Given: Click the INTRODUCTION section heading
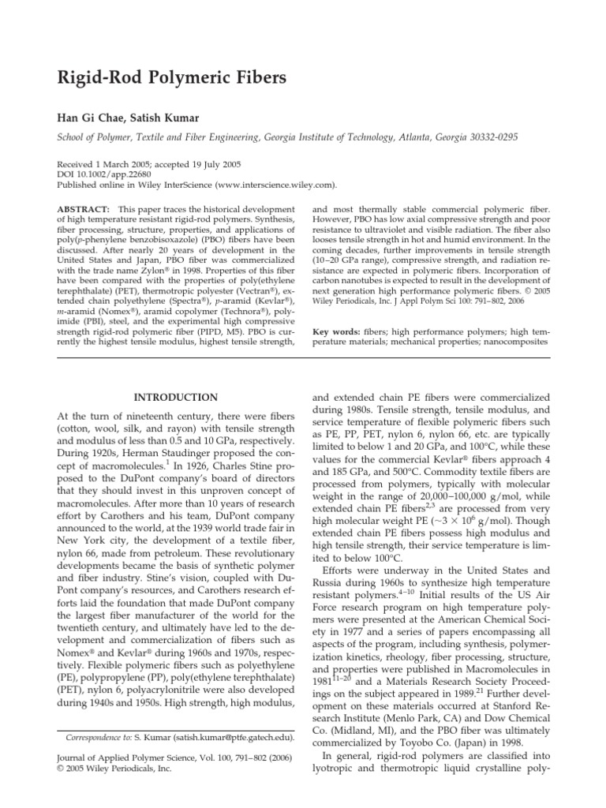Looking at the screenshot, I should (177, 397).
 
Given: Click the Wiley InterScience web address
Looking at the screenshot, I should (269, 185).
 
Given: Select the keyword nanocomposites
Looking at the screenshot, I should (512, 345).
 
